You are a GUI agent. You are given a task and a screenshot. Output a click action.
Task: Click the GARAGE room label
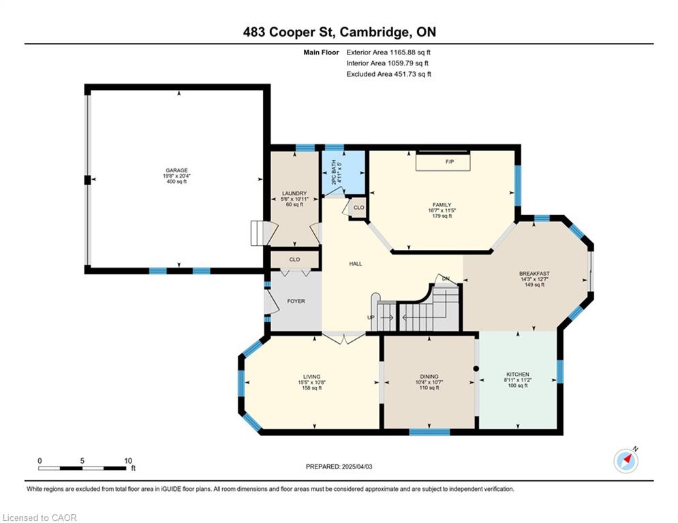(x=176, y=170)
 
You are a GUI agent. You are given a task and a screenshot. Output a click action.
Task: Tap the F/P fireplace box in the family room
(x=443, y=161)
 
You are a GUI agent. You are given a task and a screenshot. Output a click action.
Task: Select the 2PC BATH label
(x=333, y=173)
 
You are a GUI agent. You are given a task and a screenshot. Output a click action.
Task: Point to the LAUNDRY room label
(x=294, y=193)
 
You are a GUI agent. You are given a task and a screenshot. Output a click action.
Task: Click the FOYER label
(x=296, y=301)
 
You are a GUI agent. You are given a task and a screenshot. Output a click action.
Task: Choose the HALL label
(x=356, y=264)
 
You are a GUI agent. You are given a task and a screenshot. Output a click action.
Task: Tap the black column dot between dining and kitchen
(x=476, y=368)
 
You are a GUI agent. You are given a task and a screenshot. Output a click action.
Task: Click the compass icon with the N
(x=626, y=461)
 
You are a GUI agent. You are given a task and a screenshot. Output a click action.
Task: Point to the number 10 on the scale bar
(x=128, y=461)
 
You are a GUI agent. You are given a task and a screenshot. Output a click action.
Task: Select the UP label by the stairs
(x=371, y=317)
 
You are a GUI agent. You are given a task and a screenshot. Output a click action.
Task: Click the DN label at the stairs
(x=446, y=279)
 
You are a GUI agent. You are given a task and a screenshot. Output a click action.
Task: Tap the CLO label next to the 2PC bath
(x=359, y=208)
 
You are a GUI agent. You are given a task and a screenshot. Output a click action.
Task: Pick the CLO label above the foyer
(x=294, y=259)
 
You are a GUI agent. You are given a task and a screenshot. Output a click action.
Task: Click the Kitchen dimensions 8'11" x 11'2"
(x=518, y=380)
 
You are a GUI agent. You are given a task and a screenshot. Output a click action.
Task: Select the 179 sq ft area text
(x=442, y=216)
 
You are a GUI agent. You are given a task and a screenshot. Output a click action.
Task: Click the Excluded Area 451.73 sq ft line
(x=388, y=74)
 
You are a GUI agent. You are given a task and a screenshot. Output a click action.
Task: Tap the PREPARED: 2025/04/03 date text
(x=339, y=466)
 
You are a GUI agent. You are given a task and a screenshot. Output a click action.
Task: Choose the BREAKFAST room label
(x=534, y=274)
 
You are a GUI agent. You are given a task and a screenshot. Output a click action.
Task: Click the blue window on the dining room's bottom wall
(x=429, y=431)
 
